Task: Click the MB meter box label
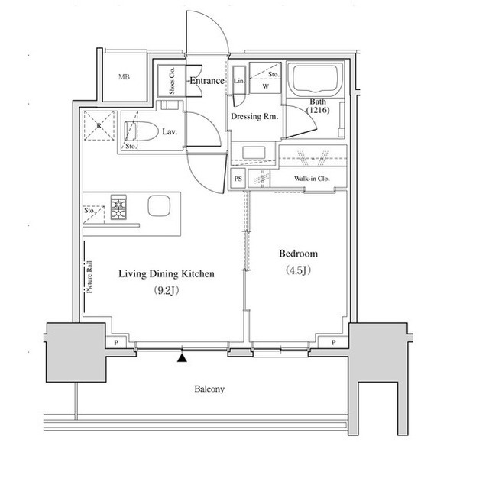pos(124,76)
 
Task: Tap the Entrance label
pos(207,81)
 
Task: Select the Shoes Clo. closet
pos(172,81)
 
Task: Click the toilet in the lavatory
pos(141,131)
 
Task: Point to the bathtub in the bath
pos(316,79)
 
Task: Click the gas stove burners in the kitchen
pos(118,207)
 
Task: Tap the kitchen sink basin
pos(159,205)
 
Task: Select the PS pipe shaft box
pos(238,179)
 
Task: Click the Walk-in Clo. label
pos(312,179)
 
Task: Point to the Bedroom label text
pos(298,254)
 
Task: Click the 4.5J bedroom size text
pos(298,270)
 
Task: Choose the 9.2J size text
pos(167,290)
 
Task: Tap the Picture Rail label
pos(90,276)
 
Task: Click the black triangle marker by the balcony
pos(182,357)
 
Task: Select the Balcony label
pos(209,389)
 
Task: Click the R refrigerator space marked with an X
pos(99,125)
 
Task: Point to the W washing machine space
pos(265,86)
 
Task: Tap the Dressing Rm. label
pos(254,117)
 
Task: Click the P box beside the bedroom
pos(333,342)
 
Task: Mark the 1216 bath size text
pos(318,110)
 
